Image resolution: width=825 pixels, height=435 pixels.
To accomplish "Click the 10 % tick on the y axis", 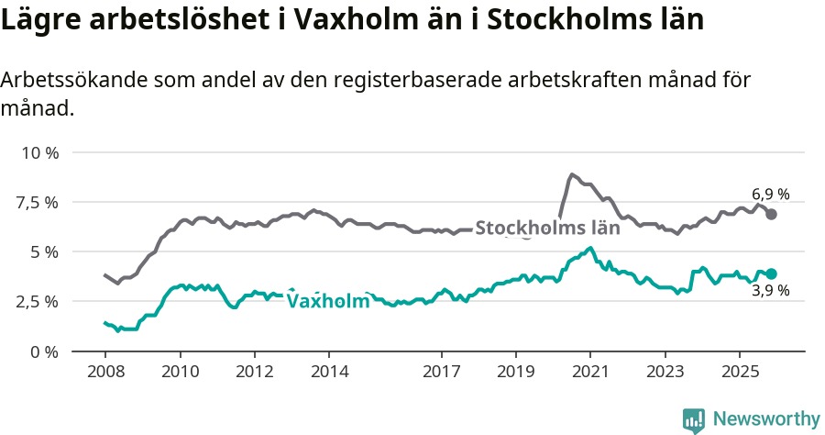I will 38,152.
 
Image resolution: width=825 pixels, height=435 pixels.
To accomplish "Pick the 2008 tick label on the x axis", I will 104,373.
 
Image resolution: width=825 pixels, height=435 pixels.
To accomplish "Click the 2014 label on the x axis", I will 329,373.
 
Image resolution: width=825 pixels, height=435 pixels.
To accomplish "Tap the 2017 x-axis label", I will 441,373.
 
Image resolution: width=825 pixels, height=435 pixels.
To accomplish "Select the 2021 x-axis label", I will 590,373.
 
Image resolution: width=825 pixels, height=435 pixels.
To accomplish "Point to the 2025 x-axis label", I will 740,373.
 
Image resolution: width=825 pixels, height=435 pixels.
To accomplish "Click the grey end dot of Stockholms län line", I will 772,214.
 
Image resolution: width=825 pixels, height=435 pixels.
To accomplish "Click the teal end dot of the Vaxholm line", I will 772,273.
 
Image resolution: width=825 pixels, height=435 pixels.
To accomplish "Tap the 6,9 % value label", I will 770,195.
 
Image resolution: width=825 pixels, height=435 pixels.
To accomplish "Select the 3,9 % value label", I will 770,292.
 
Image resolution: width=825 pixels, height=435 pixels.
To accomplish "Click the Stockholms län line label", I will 547,229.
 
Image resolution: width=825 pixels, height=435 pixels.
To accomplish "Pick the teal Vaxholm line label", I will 328,301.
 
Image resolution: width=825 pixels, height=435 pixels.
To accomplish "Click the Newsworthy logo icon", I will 694,419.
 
